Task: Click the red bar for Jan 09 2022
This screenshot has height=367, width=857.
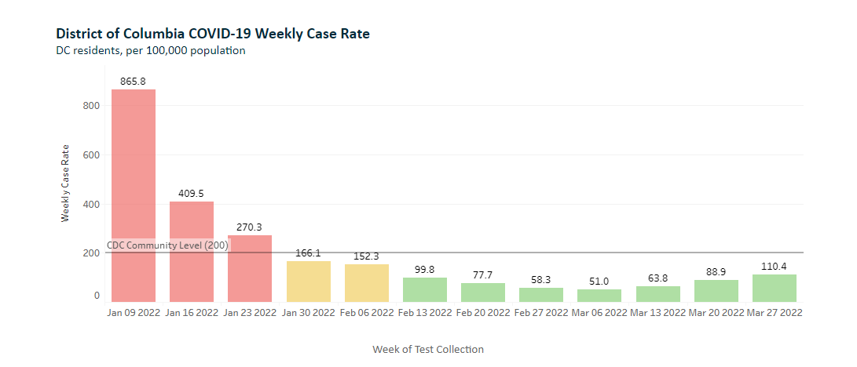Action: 134,196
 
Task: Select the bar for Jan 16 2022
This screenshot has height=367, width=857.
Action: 192,252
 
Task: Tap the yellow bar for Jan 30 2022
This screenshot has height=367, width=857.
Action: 308,282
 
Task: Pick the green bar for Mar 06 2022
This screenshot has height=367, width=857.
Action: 599,296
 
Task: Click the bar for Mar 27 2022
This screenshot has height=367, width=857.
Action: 774,288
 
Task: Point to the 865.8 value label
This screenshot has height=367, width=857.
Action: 133,81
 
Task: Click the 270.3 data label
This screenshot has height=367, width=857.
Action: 250,227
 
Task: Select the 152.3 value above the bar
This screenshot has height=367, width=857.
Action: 366,256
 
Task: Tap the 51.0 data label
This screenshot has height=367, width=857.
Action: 599,281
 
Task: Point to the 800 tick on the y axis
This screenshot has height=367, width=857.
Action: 91,106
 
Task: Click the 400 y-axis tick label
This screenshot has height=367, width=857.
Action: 91,204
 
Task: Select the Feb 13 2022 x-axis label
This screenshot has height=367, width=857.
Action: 425,312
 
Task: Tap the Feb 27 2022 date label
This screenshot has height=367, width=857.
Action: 541,312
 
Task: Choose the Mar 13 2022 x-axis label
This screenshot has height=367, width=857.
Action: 657,312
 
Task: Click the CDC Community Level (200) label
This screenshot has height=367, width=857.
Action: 167,245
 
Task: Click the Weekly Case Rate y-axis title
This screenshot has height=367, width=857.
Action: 65,183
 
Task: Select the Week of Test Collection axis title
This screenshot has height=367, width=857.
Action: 428,349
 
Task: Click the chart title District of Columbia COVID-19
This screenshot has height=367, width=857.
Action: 213,34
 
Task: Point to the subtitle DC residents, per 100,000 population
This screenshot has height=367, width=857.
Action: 151,51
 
